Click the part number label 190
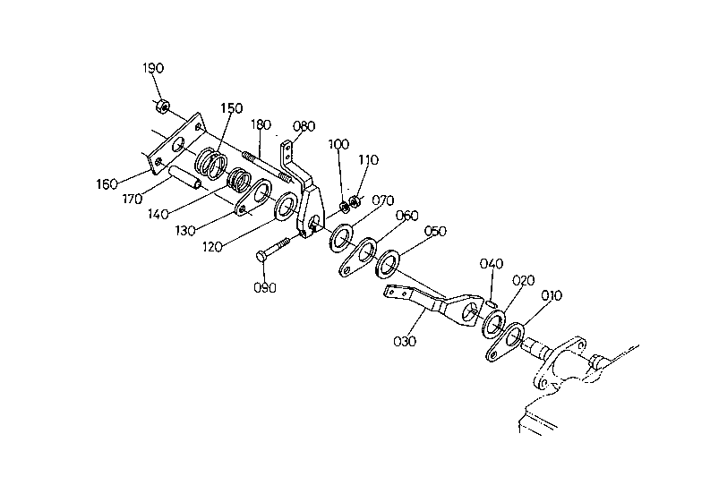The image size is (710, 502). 153,68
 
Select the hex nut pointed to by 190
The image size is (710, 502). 163,106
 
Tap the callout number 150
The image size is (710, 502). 231,108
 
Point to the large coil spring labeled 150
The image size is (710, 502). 211,163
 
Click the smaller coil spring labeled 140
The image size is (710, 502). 239,180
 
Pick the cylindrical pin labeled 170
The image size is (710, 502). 185,179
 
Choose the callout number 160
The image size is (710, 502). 107,184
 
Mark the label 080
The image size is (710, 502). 304,126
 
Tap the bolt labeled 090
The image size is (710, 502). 273,250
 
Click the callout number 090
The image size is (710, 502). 265,287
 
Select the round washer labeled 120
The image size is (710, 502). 287,207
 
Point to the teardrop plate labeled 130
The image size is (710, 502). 252,198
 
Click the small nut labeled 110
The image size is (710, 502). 355,200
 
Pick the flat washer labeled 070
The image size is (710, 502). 341,238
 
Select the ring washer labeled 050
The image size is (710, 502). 388,263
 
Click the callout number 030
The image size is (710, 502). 405,341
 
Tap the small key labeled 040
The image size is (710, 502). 493,304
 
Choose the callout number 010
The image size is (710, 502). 552,296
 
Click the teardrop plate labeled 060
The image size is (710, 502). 359,257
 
